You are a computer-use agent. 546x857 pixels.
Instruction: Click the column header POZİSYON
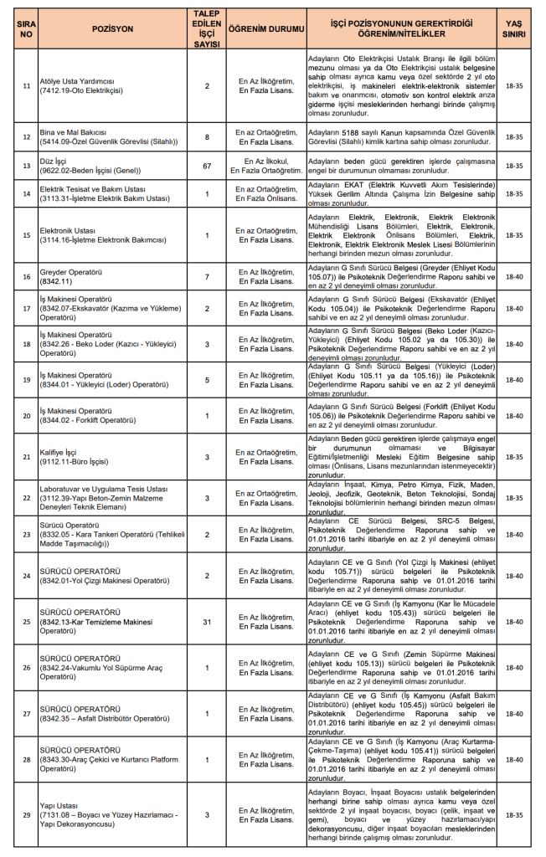click(x=111, y=28)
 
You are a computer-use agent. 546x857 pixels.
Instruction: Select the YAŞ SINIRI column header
click(x=517, y=28)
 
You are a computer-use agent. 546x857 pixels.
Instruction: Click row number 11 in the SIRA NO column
click(x=26, y=85)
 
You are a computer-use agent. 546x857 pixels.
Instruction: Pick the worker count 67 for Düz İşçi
click(x=207, y=165)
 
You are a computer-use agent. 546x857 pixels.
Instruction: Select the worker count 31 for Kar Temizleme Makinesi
click(x=207, y=622)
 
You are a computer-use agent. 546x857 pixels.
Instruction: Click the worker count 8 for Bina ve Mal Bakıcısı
click(x=207, y=136)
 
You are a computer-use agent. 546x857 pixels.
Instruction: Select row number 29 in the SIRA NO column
click(x=26, y=813)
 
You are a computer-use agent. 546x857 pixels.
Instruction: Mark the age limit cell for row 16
click(x=517, y=276)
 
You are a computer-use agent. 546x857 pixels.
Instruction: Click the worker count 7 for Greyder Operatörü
click(x=207, y=276)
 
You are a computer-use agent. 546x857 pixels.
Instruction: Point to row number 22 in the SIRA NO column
click(x=26, y=498)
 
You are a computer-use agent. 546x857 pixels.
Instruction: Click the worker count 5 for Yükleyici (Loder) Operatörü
click(x=207, y=380)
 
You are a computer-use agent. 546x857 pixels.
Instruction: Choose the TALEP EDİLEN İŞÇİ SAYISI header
click(x=207, y=28)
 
